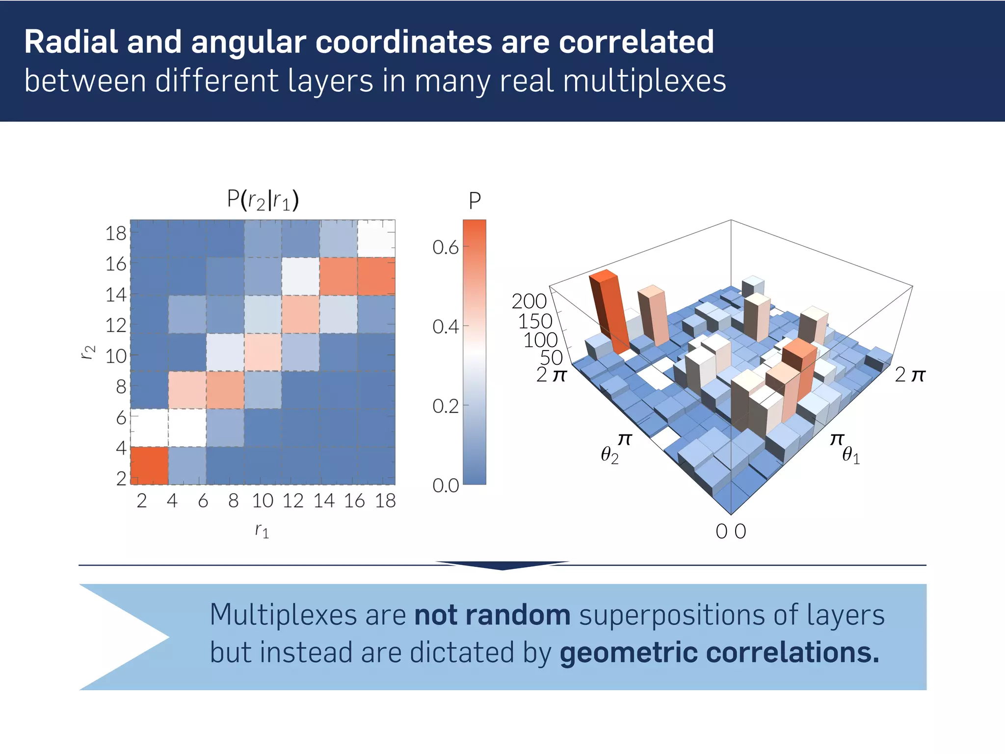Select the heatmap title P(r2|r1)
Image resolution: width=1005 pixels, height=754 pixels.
point(263,200)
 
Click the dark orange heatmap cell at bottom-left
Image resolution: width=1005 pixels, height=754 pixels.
point(149,465)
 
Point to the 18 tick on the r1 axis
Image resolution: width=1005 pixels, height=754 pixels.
point(385,501)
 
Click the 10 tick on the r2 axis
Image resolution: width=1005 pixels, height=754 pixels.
point(116,356)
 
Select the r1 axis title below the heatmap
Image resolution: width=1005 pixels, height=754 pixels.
point(262,530)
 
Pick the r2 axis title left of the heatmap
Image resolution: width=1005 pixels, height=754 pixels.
point(88,352)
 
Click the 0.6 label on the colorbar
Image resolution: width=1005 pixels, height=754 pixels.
point(445,247)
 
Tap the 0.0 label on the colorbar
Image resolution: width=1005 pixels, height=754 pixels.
point(445,485)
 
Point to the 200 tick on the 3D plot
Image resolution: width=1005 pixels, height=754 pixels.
point(529,301)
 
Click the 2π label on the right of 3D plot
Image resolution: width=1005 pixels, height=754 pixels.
point(909,375)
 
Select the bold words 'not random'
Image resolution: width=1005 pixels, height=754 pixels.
point(492,615)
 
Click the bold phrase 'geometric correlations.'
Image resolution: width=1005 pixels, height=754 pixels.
point(719,653)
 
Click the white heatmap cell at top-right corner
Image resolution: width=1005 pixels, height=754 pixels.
point(376,239)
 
